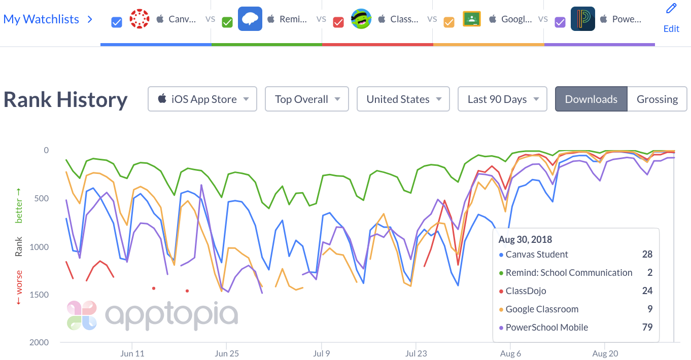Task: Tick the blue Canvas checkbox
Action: click(117, 22)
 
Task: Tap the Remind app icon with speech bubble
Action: click(250, 19)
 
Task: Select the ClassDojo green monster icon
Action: click(361, 19)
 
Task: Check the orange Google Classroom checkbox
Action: click(449, 22)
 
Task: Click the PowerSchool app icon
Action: click(583, 19)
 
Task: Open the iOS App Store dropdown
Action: click(202, 99)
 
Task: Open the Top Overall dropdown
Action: click(306, 99)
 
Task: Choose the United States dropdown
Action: click(403, 99)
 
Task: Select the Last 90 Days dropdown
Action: click(502, 99)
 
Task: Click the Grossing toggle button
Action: click(657, 99)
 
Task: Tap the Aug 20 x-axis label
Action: click(606, 353)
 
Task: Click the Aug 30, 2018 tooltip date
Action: click(525, 239)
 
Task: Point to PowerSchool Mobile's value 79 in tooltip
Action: click(647, 327)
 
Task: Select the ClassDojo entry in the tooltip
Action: click(526, 291)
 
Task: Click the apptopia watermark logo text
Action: click(171, 314)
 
